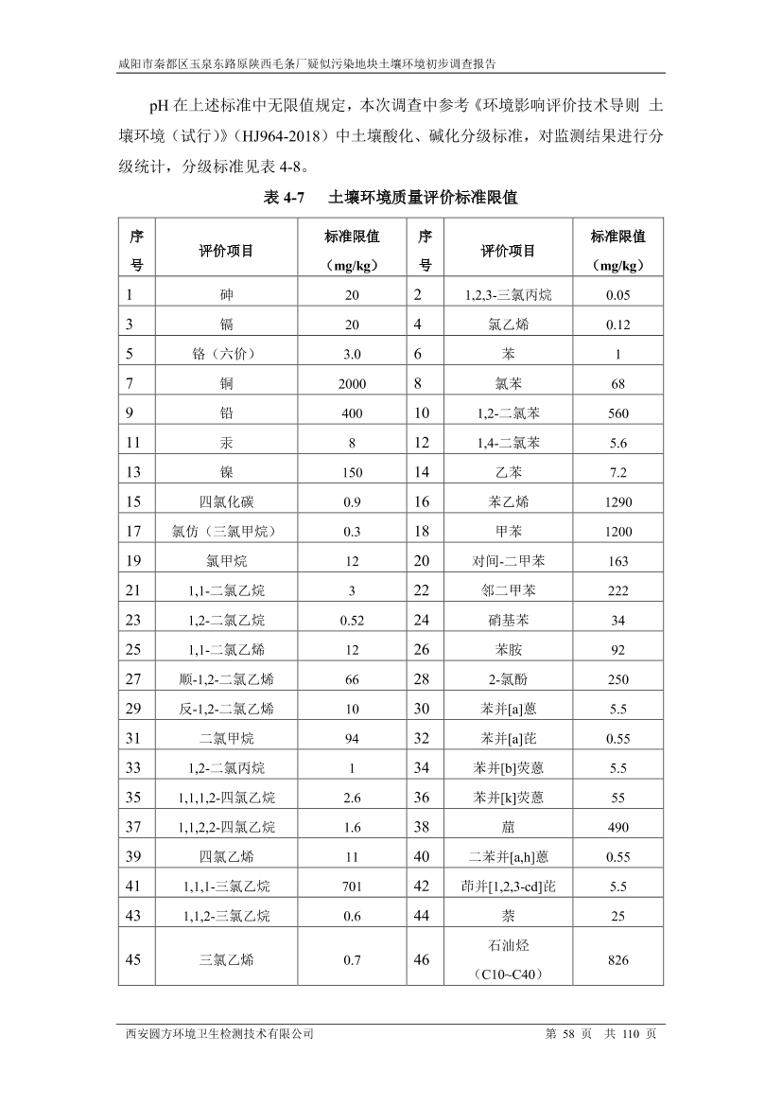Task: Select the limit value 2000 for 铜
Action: (x=352, y=384)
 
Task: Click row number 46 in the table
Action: (x=422, y=960)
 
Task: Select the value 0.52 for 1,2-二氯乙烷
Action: (x=352, y=620)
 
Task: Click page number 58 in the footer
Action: (x=567, y=1034)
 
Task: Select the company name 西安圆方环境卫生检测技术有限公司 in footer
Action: (x=219, y=1034)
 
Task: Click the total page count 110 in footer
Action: (x=632, y=1034)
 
